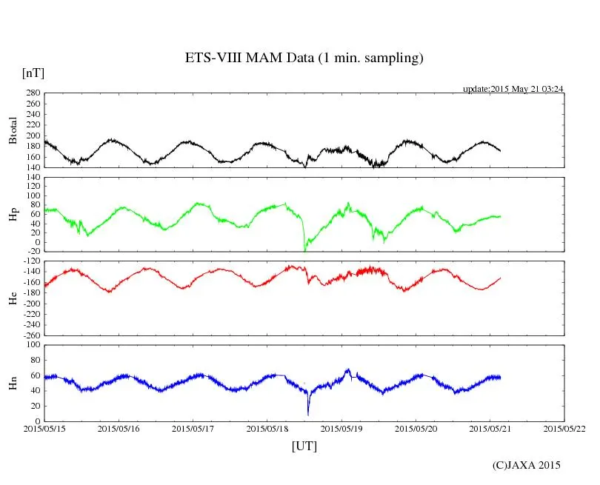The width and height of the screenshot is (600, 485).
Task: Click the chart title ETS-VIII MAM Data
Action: coord(304,58)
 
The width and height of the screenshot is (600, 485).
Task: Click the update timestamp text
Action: coord(513,89)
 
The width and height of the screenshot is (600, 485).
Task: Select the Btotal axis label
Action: coord(13,130)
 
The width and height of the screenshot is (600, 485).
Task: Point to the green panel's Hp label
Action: coord(13,215)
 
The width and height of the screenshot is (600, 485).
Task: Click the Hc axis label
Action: coord(13,298)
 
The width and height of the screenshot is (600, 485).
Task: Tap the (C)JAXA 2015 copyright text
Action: coord(526,465)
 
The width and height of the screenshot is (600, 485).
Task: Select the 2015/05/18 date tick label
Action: coord(267,429)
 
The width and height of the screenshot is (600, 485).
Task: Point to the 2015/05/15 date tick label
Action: coord(44,429)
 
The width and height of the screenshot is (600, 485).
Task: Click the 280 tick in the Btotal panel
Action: coord(33,93)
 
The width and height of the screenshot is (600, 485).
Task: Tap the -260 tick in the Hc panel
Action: coord(31,335)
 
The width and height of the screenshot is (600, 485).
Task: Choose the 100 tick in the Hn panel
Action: coord(33,345)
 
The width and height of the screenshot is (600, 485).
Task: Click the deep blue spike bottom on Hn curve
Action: coord(308,415)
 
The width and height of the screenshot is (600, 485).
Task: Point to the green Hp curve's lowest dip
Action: coord(304,250)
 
